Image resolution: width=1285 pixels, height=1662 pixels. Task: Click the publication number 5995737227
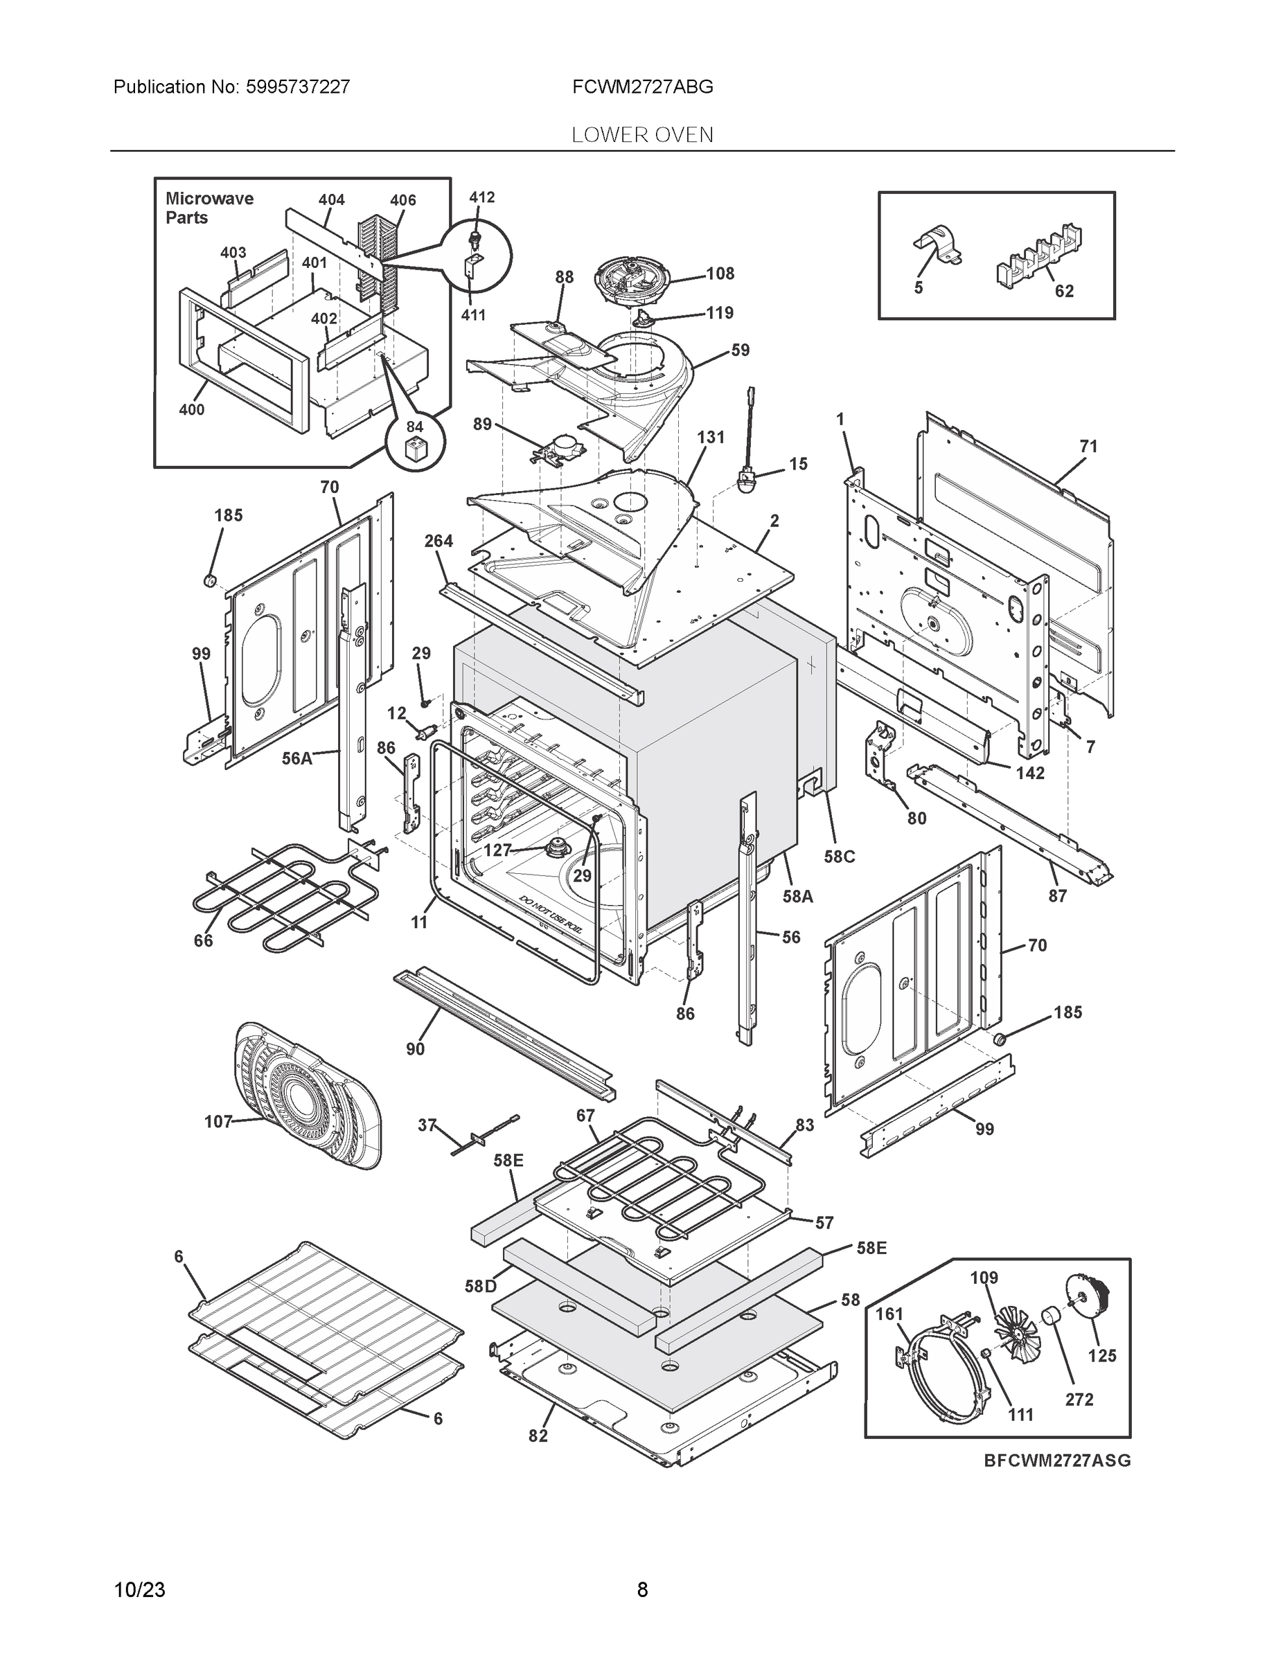click(298, 87)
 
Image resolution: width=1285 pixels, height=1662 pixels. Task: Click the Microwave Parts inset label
click(209, 208)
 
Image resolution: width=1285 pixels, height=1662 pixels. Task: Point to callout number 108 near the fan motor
click(720, 274)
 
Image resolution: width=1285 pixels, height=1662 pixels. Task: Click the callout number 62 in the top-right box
click(1063, 291)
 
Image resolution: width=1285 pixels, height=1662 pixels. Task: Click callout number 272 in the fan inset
click(1079, 1399)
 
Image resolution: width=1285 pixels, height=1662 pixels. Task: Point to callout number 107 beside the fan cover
click(218, 1121)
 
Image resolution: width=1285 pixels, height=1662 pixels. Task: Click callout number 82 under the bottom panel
click(538, 1436)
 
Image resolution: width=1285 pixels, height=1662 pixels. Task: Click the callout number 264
click(438, 540)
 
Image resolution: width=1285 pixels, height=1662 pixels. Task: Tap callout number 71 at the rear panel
click(1088, 446)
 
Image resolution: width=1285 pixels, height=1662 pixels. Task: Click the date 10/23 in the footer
click(139, 1590)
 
